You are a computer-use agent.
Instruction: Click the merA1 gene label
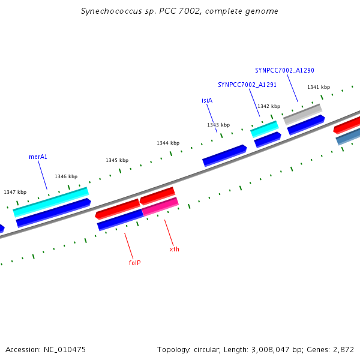[38, 157]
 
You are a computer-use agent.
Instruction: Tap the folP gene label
[134, 263]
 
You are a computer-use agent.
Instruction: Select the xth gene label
[174, 249]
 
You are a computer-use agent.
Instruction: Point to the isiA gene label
[207, 100]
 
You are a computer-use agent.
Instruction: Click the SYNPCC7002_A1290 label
[284, 70]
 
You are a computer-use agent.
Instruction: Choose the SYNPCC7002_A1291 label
[247, 85]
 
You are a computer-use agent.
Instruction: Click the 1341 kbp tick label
[319, 87]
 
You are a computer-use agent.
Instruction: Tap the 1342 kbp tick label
[269, 106]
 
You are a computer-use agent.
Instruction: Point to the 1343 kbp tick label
[218, 125]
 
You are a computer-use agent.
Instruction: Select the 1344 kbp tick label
[168, 143]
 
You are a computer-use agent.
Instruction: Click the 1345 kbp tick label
[117, 160]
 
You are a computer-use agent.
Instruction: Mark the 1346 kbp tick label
[66, 176]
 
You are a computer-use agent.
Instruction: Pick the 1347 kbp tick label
[15, 192]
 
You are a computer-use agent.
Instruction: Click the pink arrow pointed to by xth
[160, 206]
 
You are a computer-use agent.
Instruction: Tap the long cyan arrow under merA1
[51, 202]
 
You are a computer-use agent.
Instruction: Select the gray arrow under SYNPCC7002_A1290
[302, 114]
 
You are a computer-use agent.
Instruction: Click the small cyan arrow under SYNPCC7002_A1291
[264, 129]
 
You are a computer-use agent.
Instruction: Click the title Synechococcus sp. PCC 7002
[179, 11]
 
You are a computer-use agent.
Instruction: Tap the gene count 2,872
[343, 349]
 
